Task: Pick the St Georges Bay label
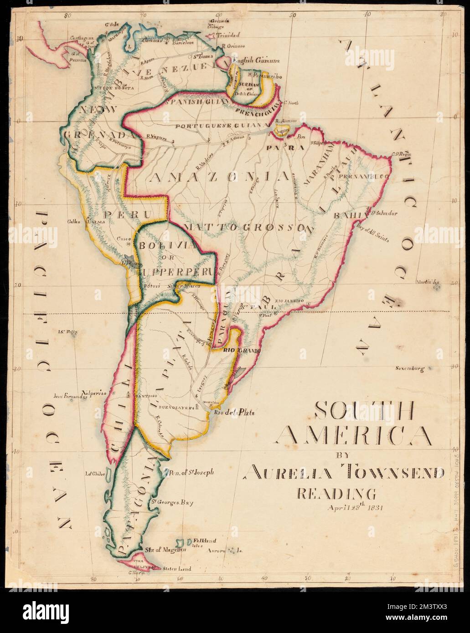pos(172,503)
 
